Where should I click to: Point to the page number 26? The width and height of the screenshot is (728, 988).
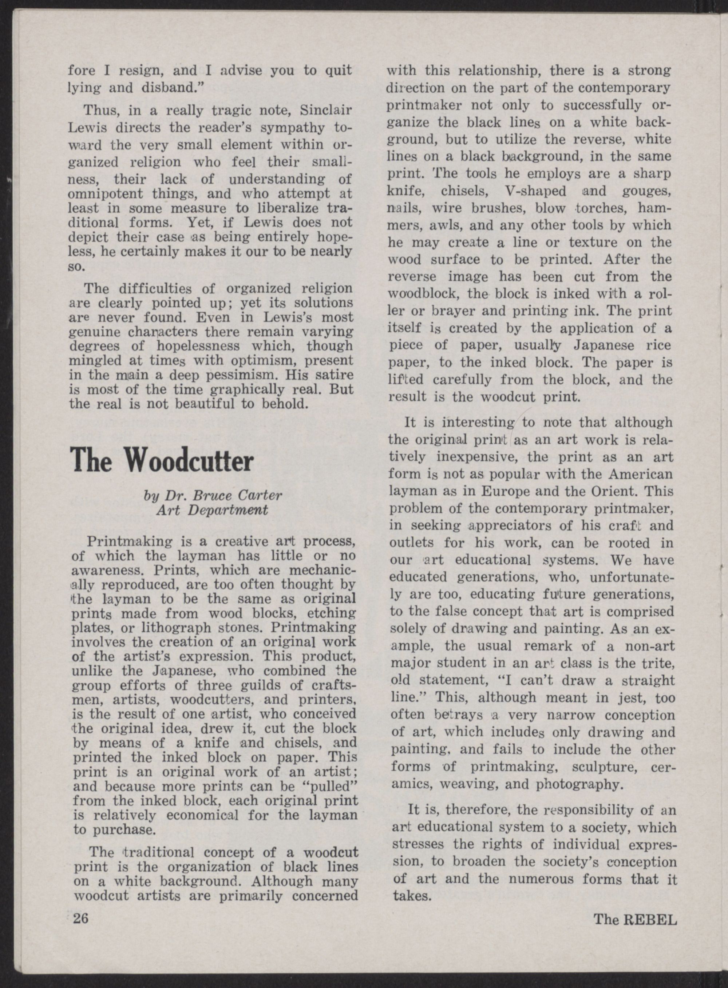pyautogui.click(x=82, y=919)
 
